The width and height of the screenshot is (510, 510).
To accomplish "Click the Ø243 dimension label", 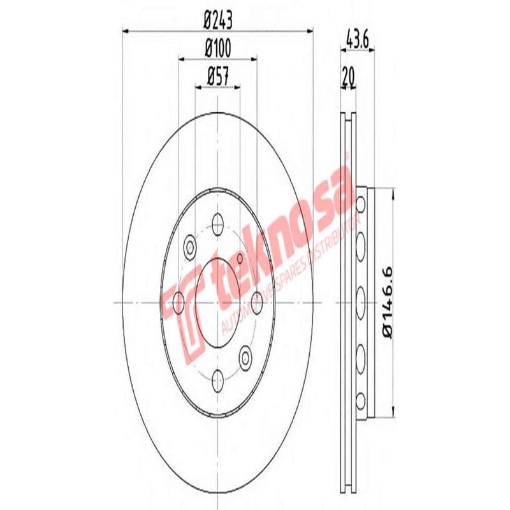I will click(x=217, y=20).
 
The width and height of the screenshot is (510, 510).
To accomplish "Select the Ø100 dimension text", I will click(x=217, y=47).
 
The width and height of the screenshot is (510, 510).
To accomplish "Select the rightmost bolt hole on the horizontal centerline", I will click(x=257, y=300).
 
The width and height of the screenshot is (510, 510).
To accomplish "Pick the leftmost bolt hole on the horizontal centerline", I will click(x=179, y=300).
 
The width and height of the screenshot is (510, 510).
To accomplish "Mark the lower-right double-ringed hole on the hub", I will click(x=245, y=355).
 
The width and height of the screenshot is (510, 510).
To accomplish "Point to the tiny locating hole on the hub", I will click(x=240, y=259).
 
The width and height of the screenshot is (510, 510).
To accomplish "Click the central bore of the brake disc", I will click(x=217, y=300).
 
